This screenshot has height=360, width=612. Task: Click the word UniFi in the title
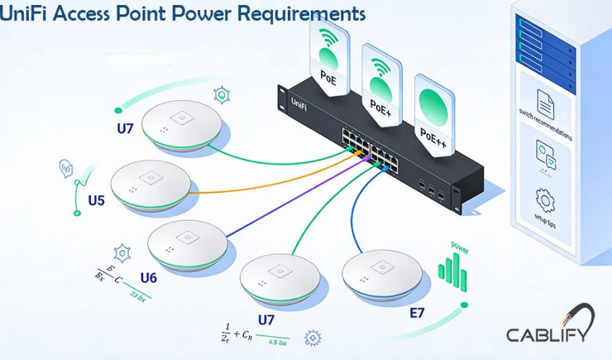(x=29, y=14)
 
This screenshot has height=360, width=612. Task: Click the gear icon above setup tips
(x=545, y=199)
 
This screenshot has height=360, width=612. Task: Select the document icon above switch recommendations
(x=545, y=107)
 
